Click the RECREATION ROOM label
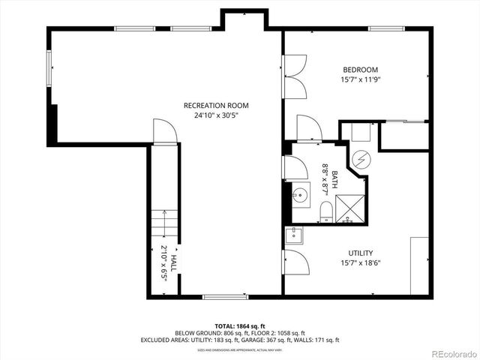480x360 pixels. pos(216,106)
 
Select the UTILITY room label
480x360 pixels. pos(360,253)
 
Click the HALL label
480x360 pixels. pos(172,263)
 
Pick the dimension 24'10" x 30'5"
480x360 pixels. pos(216,115)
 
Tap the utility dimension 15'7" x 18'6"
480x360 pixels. pos(360,263)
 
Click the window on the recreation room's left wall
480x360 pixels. pos(49,70)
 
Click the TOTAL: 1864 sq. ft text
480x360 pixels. pos(239,325)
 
